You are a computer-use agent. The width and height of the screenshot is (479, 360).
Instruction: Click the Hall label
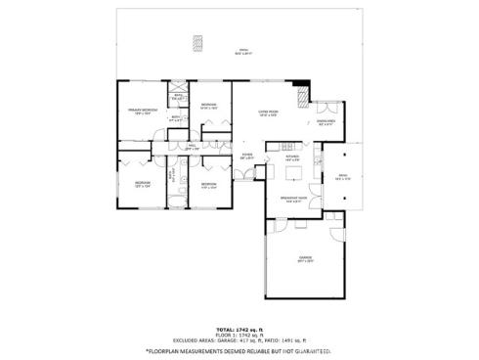click(192, 148)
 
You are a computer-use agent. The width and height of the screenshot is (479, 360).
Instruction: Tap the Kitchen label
click(291, 156)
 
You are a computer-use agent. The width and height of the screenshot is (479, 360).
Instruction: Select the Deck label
click(342, 177)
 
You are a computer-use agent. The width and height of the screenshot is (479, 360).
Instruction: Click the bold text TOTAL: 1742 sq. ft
click(239, 331)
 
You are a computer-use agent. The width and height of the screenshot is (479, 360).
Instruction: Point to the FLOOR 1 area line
click(239, 337)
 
